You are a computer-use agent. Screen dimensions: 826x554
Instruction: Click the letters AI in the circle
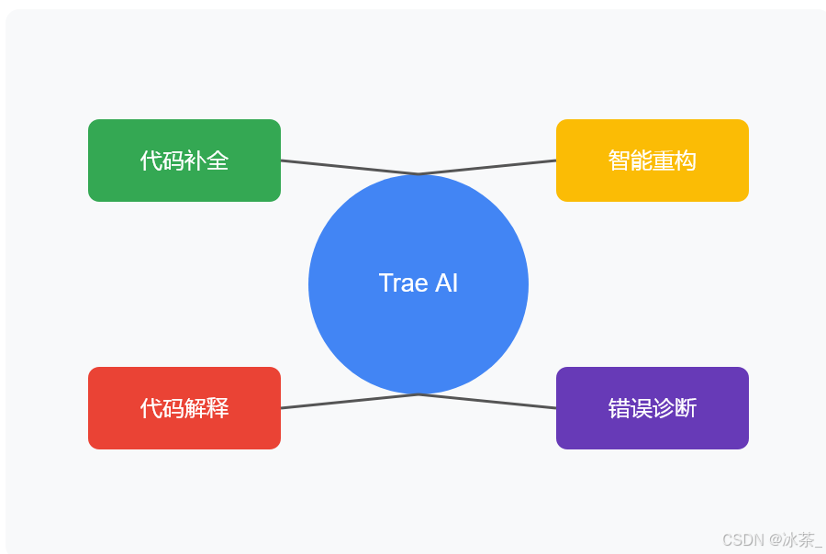point(446,283)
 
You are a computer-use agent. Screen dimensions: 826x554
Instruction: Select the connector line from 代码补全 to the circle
point(349,167)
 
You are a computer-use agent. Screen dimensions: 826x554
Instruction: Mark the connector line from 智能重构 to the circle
point(486,167)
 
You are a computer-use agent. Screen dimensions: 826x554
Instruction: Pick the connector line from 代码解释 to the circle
point(349,402)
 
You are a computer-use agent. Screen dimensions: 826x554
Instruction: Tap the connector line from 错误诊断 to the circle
point(486,402)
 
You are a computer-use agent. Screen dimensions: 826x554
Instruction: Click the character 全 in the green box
point(218,161)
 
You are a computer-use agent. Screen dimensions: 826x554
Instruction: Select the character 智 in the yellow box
point(619,161)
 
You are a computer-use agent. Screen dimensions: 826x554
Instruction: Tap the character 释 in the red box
point(218,409)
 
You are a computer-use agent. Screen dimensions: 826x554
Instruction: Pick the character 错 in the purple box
point(619,409)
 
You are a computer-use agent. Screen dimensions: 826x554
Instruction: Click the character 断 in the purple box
point(686,409)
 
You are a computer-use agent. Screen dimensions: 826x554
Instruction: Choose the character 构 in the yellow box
point(686,161)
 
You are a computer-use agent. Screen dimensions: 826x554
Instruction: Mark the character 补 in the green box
point(195,161)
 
